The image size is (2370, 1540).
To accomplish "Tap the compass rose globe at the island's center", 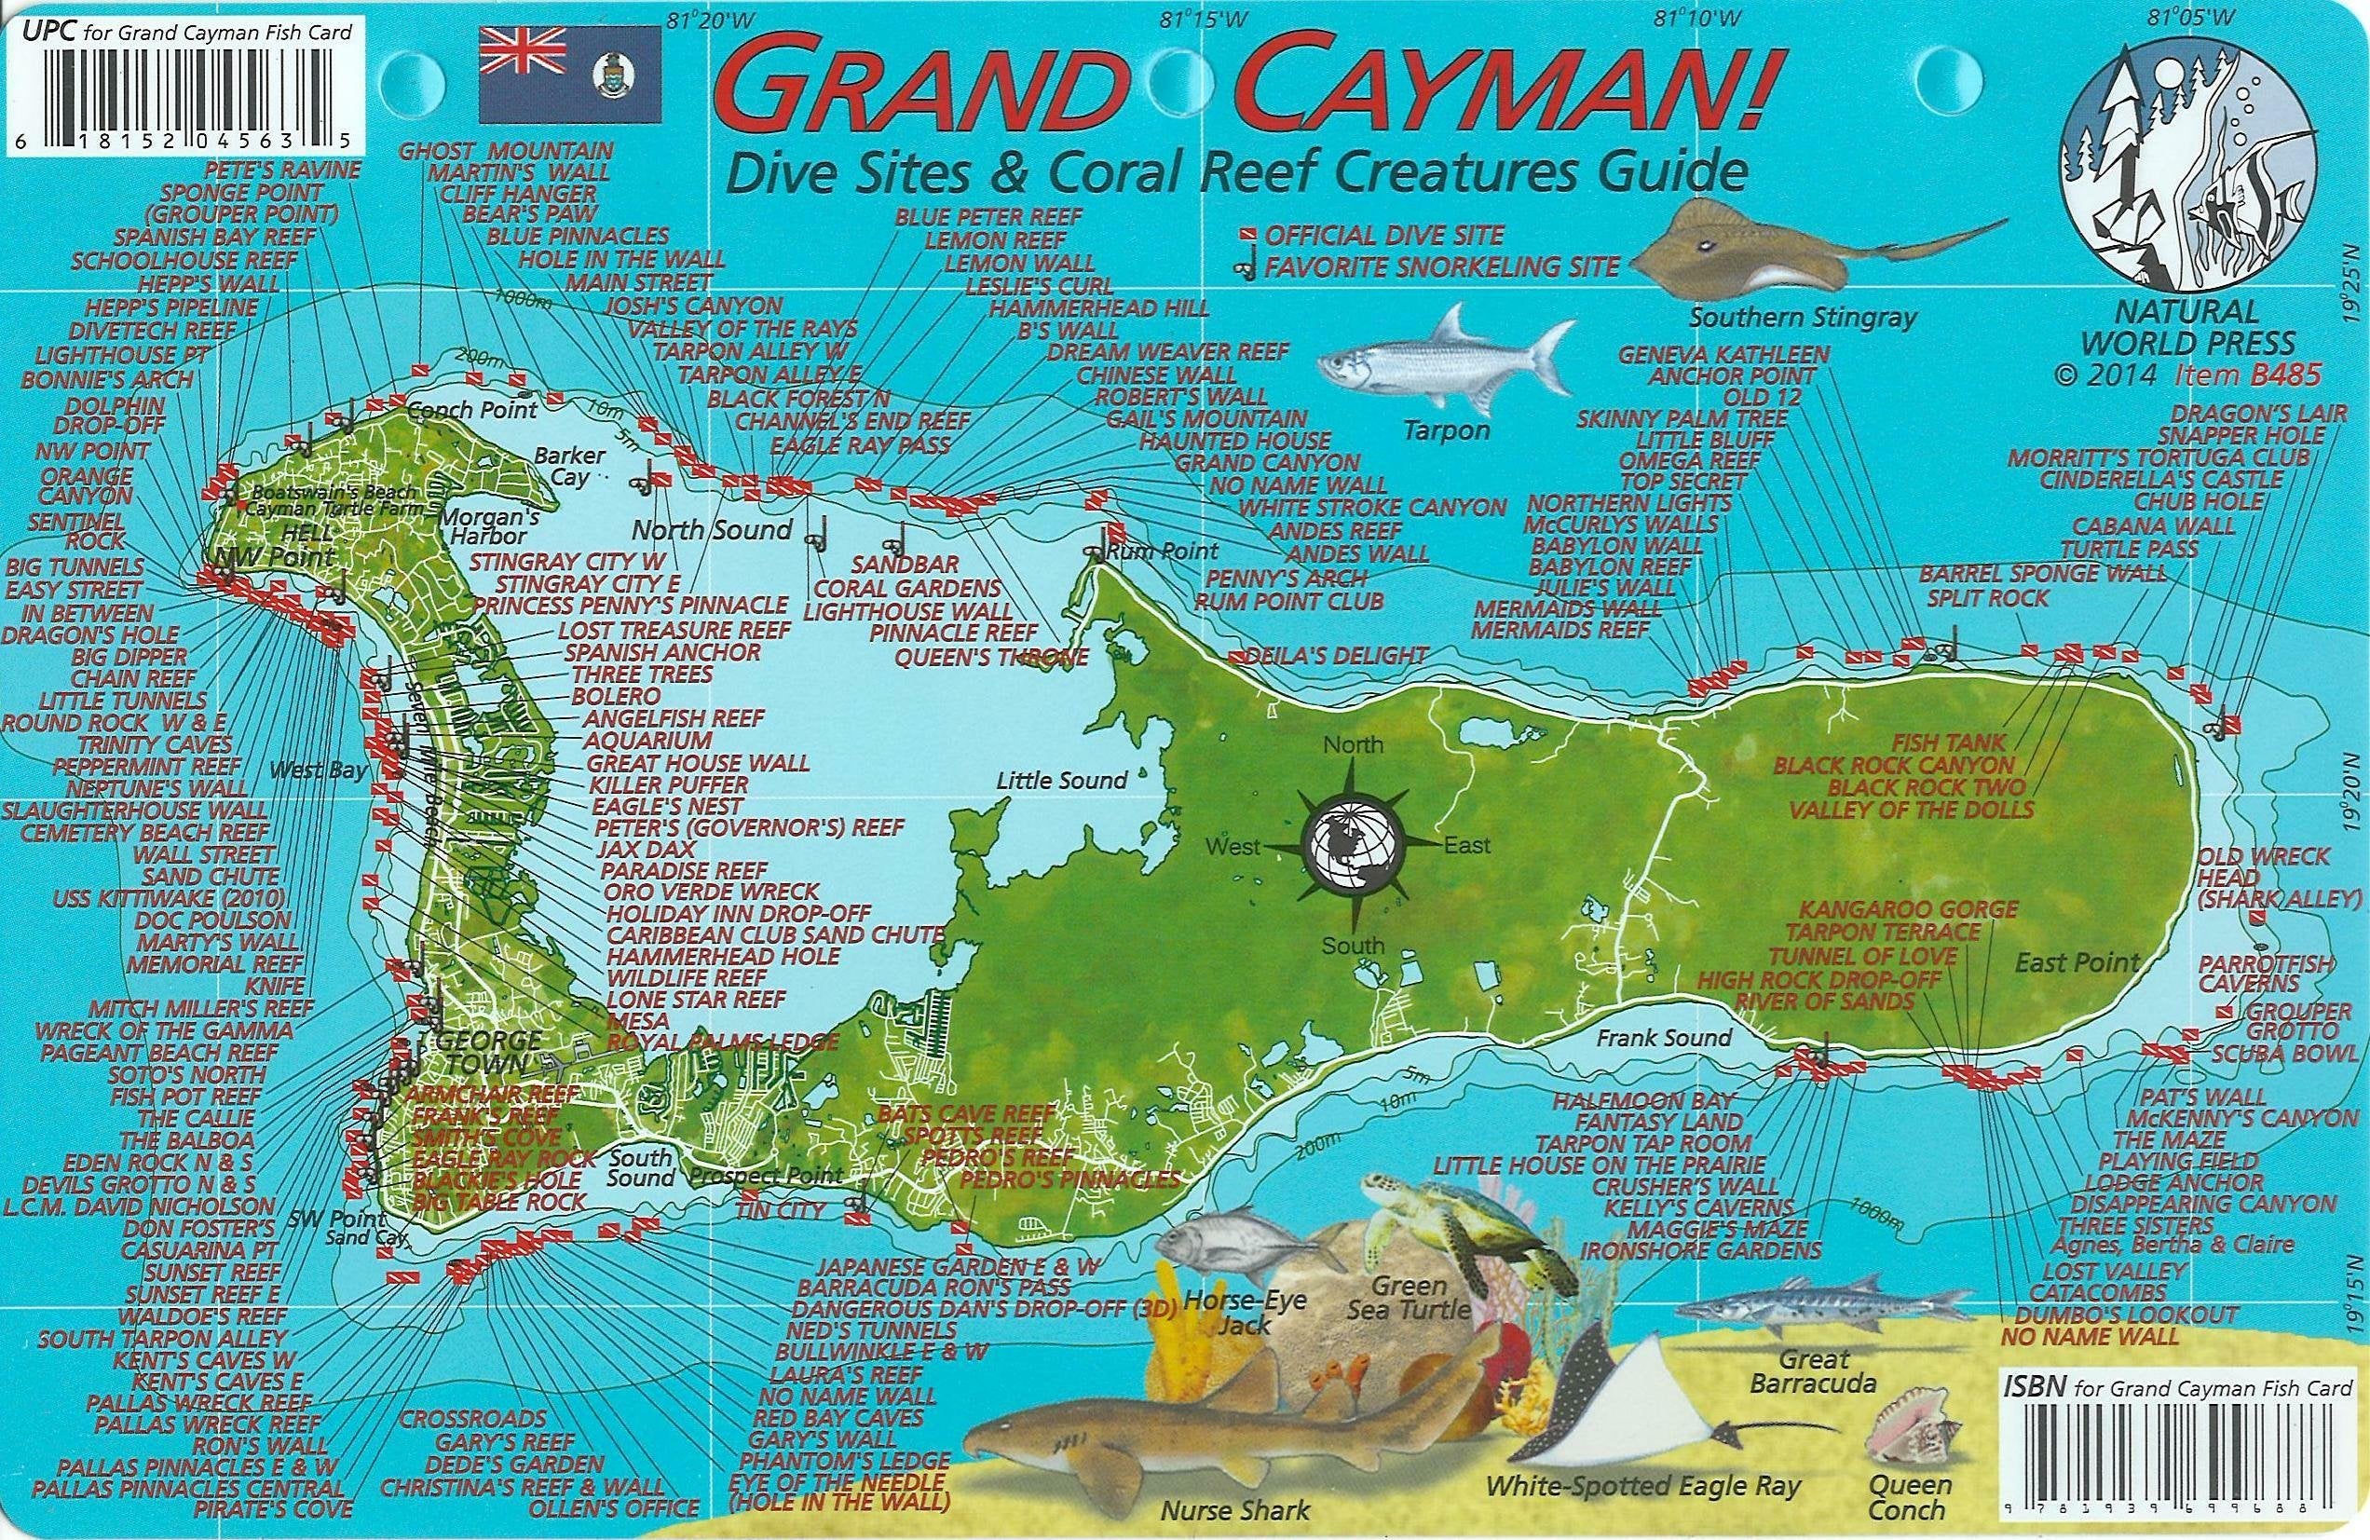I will [x=1354, y=846].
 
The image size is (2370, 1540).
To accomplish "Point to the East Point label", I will [x=2077, y=962].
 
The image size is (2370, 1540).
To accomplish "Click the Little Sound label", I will [x=1061, y=781].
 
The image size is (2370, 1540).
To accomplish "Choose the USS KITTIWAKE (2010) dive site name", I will [x=171, y=899].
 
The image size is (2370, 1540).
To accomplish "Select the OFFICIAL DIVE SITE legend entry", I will [x=1384, y=236].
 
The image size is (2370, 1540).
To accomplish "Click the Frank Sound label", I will [x=1664, y=1038].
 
